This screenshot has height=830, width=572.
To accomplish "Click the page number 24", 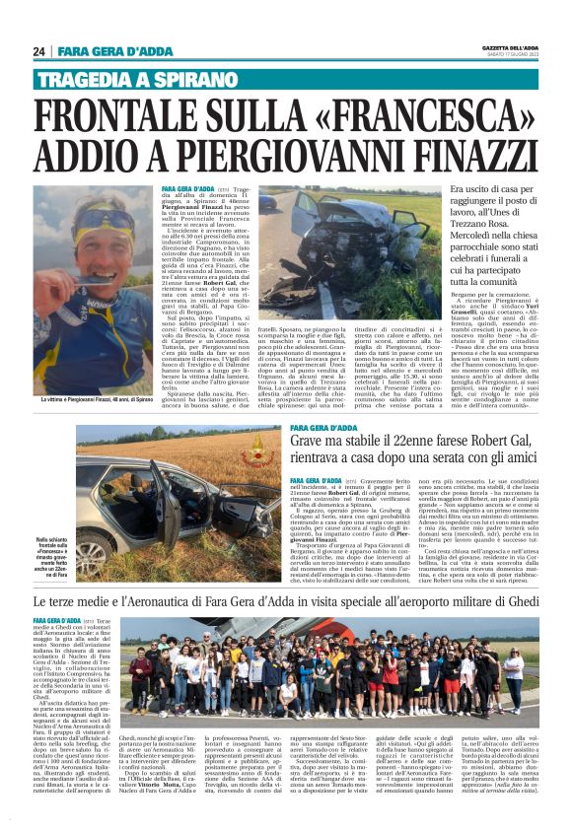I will (39, 51).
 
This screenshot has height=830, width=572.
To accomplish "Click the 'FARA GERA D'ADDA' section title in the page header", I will (115, 51).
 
